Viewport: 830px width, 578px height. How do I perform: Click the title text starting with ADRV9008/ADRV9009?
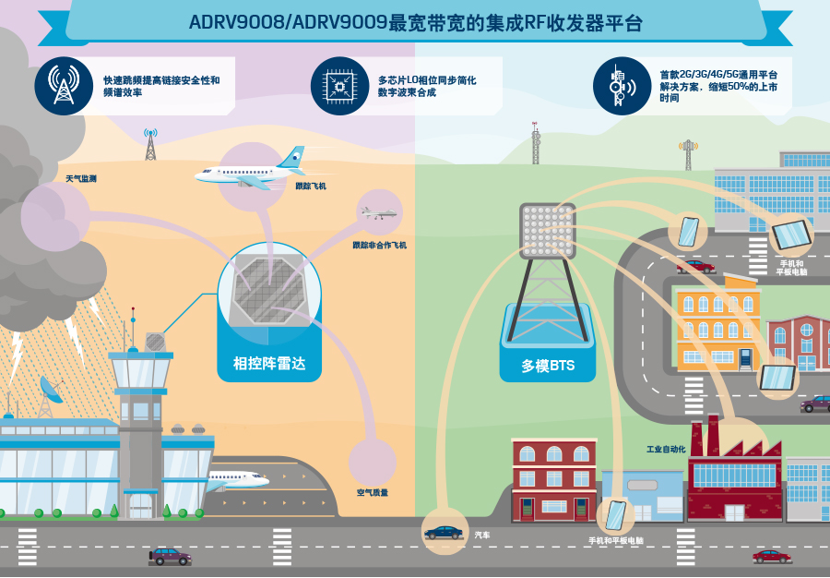(416, 23)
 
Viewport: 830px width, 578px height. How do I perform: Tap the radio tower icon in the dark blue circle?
(64, 85)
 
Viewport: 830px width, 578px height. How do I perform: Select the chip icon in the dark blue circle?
(339, 85)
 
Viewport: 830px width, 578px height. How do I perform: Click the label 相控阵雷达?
(269, 364)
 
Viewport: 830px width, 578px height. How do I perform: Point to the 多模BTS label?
(548, 366)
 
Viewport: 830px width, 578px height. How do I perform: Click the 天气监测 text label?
(81, 179)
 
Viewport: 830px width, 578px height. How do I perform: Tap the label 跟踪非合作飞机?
(380, 246)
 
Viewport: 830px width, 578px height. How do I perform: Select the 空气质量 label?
(373, 493)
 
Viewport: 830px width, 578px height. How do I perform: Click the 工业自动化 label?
(666, 450)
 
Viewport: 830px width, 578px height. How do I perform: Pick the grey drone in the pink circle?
(378, 213)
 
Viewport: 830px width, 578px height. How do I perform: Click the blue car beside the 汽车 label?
(444, 533)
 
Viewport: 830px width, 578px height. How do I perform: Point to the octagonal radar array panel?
(270, 290)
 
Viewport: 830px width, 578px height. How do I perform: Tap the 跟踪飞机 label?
(311, 186)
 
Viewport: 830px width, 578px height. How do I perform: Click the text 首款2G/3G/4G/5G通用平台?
(718, 75)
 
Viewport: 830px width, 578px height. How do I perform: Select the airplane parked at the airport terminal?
(237, 480)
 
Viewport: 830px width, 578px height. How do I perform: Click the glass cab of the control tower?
(140, 371)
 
